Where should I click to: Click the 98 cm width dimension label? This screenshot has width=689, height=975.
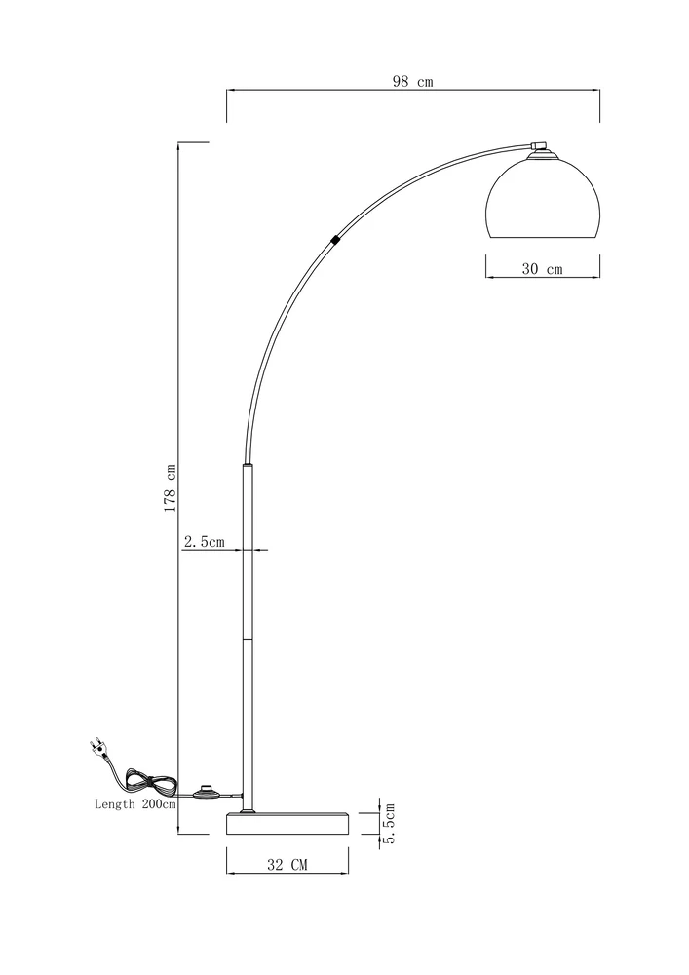click(412, 82)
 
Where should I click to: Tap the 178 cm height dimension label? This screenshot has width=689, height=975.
click(171, 488)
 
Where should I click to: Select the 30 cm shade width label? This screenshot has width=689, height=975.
click(542, 269)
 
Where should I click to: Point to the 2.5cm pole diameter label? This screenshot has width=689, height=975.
click(204, 542)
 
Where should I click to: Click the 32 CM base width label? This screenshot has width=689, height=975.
click(287, 864)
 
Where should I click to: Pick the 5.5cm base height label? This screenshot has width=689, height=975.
click(390, 823)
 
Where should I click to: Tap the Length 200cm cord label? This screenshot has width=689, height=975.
click(134, 804)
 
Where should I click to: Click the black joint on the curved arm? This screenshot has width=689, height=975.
click(335, 239)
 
